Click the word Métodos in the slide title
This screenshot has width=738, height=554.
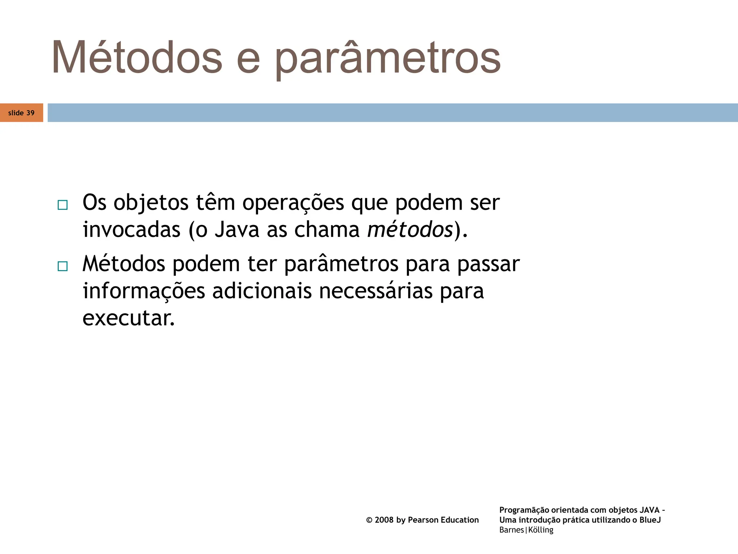pyautogui.click(x=137, y=58)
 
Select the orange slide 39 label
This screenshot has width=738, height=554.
pyautogui.click(x=21, y=113)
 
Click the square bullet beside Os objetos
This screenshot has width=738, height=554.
pyautogui.click(x=62, y=205)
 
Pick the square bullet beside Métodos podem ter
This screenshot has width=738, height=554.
pyautogui.click(x=62, y=267)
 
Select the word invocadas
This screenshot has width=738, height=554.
pyautogui.click(x=132, y=229)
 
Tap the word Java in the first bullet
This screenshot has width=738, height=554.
pyautogui.click(x=237, y=229)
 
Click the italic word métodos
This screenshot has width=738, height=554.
pyautogui.click(x=410, y=229)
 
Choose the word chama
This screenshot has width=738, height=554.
pyautogui.click(x=327, y=229)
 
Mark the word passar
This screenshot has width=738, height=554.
pyautogui.click(x=488, y=264)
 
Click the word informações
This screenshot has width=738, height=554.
pyautogui.click(x=144, y=292)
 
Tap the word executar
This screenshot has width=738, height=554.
pyautogui.click(x=129, y=318)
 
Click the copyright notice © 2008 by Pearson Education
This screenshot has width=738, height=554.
pyautogui.click(x=422, y=520)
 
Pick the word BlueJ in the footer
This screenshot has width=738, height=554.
pyautogui.click(x=650, y=520)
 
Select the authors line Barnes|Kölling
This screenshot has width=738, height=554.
pyautogui.click(x=526, y=530)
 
